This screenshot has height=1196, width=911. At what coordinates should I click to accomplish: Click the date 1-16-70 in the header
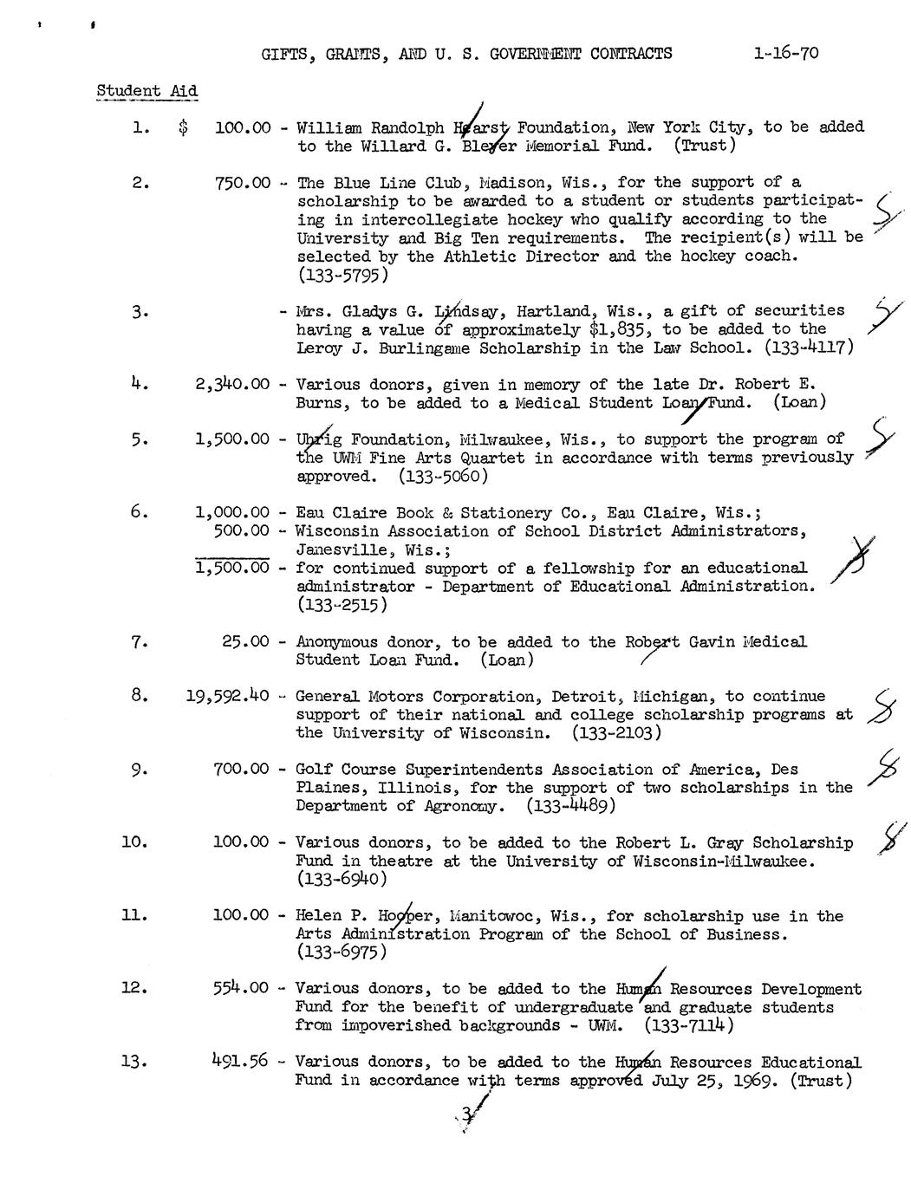coord(785,53)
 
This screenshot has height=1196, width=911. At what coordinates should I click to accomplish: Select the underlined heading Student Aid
coord(146,91)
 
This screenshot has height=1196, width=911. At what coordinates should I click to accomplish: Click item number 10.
coord(134,842)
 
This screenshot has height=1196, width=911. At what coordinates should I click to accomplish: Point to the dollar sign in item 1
coord(182,127)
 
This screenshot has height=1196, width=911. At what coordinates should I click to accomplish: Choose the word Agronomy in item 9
coord(465,806)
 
